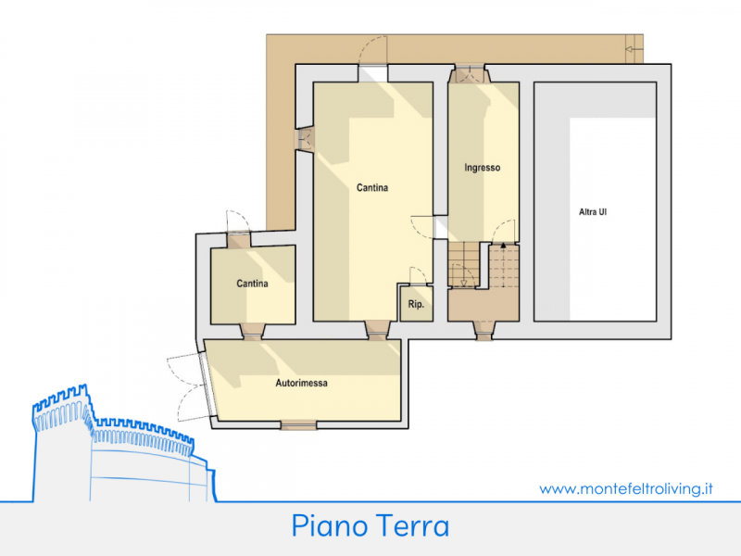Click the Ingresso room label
482,168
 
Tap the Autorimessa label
302,383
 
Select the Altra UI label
593,212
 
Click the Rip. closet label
416,304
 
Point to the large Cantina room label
372,188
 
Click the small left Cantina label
252,284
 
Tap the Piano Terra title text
370,525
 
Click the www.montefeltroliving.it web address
626,489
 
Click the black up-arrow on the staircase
503,246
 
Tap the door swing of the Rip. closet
419,276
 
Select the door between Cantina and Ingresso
429,227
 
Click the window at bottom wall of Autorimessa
298,425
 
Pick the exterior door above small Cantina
238,226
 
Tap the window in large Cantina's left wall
305,139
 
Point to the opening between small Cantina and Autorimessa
252,332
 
